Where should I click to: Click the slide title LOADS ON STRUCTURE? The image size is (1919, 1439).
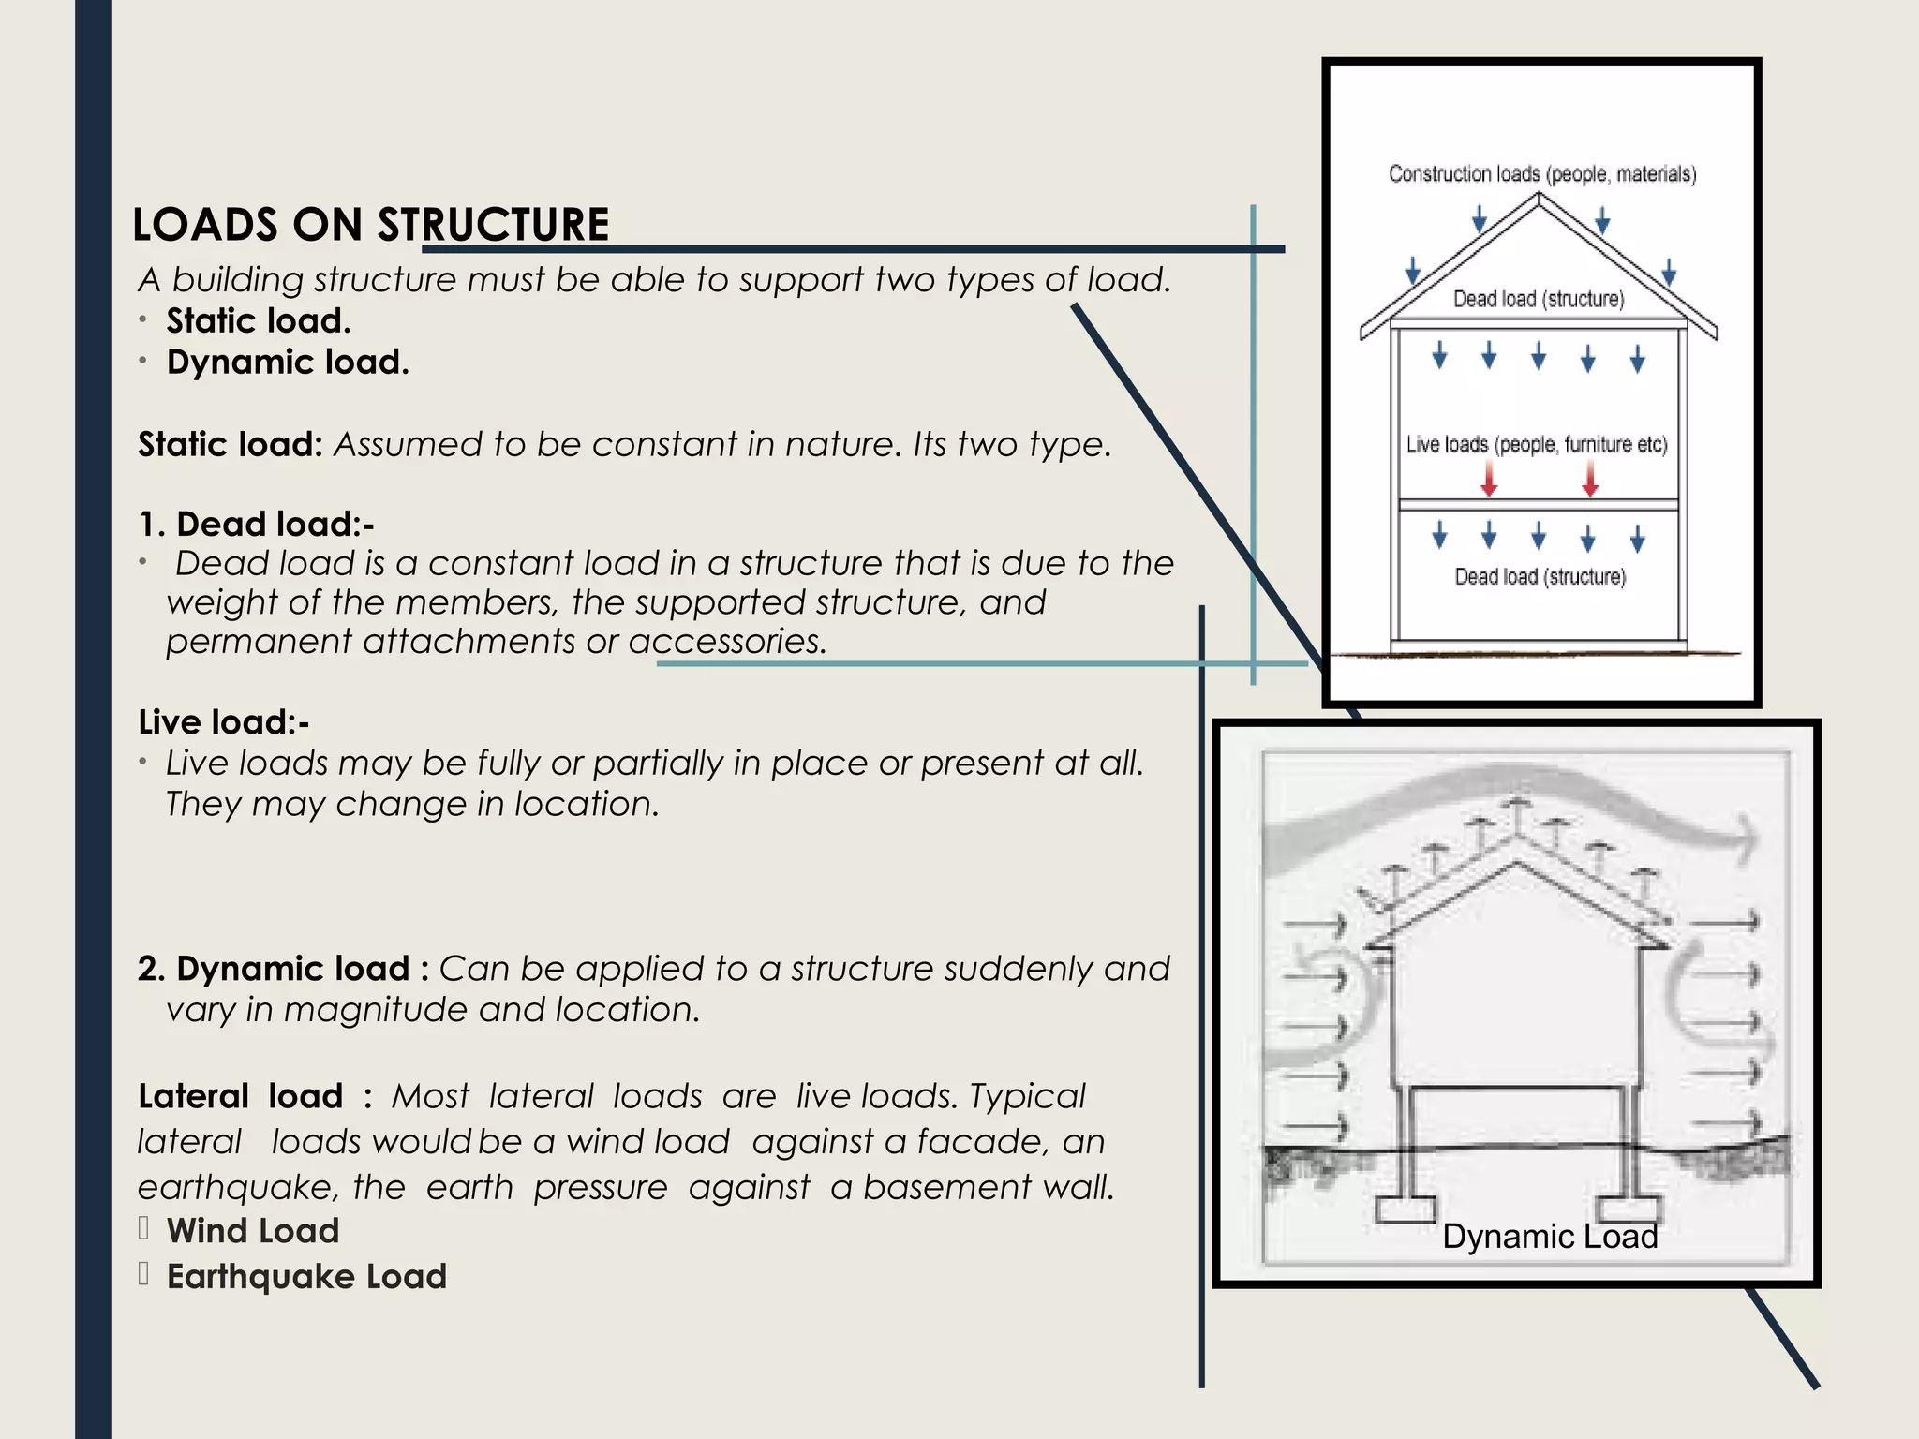(x=371, y=225)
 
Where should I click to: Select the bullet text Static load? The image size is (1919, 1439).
(x=259, y=321)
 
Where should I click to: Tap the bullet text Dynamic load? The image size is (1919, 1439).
(x=288, y=363)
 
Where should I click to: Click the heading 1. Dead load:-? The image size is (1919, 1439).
(x=256, y=525)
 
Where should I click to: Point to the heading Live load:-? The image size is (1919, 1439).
(x=223, y=722)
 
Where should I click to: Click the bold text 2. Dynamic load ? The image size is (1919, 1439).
(x=283, y=969)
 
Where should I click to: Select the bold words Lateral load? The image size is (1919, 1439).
(x=241, y=1096)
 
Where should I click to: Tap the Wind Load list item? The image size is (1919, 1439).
(x=253, y=1231)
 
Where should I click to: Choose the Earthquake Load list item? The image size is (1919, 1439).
(x=306, y=1277)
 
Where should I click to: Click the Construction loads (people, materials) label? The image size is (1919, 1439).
(x=1542, y=174)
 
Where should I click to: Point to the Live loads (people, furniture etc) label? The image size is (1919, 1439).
(x=1537, y=444)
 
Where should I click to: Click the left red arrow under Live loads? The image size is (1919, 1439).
(x=1489, y=478)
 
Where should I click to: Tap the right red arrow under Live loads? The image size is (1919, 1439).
(x=1590, y=478)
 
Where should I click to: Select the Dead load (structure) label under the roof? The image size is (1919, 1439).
(x=1539, y=299)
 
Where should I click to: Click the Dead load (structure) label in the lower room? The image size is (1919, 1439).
(x=1540, y=577)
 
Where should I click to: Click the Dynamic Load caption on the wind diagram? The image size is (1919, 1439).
(x=1550, y=1237)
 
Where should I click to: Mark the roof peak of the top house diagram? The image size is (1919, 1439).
(x=1539, y=196)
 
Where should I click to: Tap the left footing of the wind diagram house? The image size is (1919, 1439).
(x=1405, y=1209)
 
